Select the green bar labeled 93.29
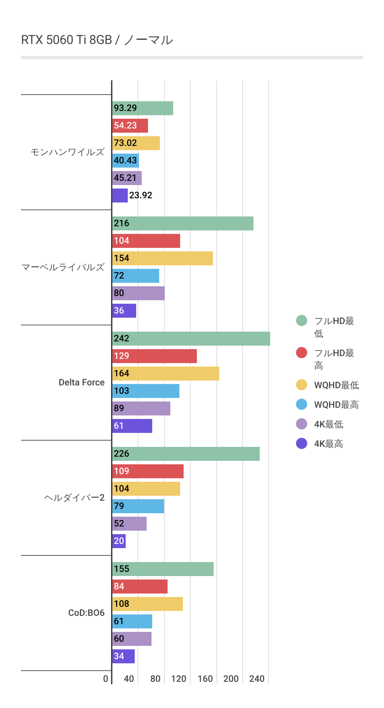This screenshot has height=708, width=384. click(142, 108)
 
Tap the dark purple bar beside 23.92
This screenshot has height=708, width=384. click(120, 196)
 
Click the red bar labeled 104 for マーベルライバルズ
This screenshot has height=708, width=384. click(146, 241)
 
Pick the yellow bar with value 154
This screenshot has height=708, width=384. click(162, 258)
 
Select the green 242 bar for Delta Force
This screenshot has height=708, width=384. click(191, 339)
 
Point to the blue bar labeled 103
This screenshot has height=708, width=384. click(146, 391)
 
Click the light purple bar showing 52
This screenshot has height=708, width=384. click(129, 524)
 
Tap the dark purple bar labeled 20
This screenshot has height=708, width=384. click(119, 541)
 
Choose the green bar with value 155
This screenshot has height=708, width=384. click(163, 569)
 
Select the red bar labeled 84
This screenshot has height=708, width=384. click(140, 587)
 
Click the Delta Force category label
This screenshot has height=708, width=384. click(81, 382)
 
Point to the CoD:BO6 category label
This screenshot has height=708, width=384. click(86, 613)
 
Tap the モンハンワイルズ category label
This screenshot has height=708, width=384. click(67, 152)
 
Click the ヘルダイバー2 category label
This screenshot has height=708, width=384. click(74, 497)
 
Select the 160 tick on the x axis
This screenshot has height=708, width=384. click(205, 679)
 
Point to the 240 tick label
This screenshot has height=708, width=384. click(257, 679)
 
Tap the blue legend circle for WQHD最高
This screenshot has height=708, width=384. click(302, 404)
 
